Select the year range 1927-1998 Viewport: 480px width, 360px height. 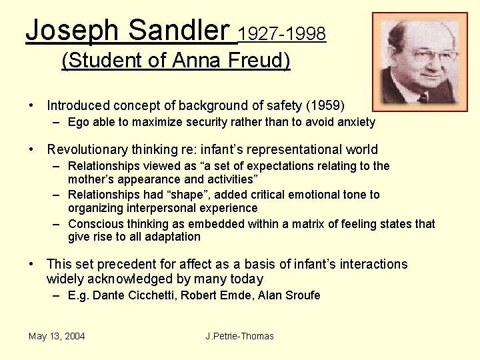(282, 33)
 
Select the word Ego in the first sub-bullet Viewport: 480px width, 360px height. (79, 122)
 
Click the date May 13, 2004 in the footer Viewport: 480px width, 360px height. (57, 336)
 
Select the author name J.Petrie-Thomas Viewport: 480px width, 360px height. (239, 336)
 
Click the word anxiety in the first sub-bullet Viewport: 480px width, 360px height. (356, 122)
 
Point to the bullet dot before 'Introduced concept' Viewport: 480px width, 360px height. (31, 105)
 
